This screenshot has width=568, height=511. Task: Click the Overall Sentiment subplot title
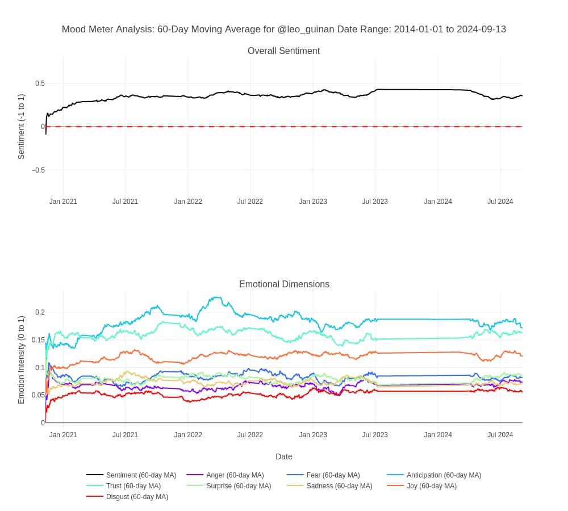point(283,51)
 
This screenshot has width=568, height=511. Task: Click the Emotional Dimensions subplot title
point(284,284)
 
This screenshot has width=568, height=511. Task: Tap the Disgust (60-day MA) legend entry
point(136,497)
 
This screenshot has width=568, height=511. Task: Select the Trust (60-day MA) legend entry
point(133,486)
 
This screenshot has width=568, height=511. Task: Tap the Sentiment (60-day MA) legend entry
point(141,475)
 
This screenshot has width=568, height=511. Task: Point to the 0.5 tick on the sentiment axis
point(40,83)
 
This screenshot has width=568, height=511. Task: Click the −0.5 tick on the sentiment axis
point(38,170)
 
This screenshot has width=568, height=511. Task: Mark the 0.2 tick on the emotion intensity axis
point(40,312)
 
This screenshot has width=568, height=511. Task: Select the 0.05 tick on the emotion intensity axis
point(38,395)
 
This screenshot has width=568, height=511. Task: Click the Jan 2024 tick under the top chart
point(438,202)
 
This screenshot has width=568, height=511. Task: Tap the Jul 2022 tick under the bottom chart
point(250,435)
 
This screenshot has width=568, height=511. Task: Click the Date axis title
point(284,456)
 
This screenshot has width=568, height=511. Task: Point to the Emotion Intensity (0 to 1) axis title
point(22,359)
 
